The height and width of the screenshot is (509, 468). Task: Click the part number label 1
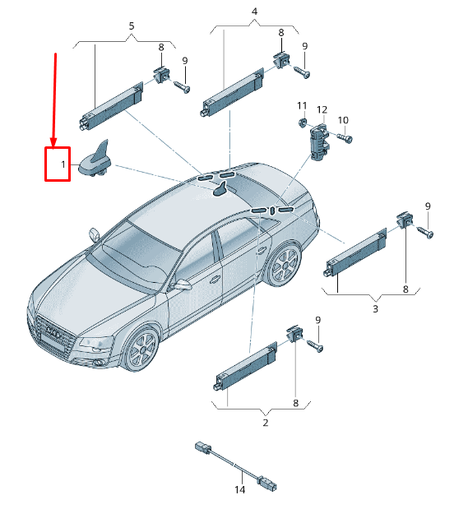62,165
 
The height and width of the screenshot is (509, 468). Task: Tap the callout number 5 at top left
131,26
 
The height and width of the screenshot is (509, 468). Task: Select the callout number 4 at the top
254,12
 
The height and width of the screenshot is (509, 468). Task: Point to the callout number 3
375,309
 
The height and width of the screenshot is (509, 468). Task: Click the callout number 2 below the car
265,423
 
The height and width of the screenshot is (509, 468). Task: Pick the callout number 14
240,490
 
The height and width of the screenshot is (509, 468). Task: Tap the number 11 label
302,106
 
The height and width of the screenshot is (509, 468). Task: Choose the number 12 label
322,109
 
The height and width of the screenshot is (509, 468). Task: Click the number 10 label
343,121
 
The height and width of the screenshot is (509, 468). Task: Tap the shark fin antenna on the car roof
220,191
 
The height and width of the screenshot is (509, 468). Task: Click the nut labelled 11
302,123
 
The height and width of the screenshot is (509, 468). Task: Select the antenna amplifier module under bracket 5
110,102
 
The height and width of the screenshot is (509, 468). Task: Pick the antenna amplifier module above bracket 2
246,364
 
